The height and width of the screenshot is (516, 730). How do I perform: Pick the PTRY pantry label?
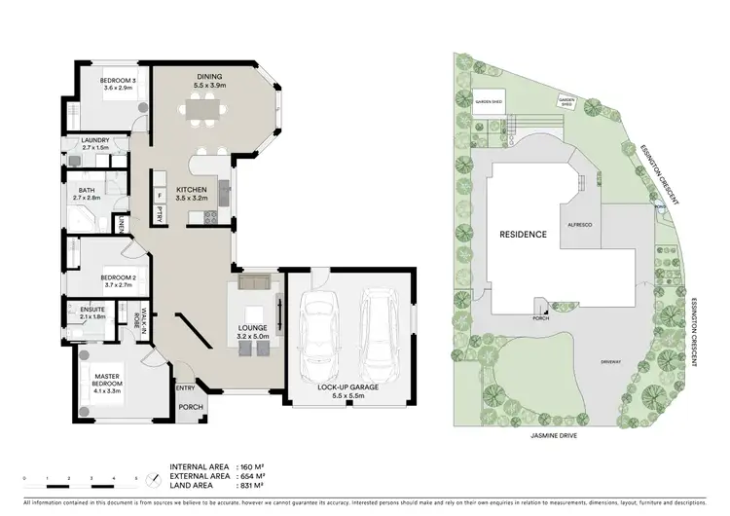click(x=159, y=213)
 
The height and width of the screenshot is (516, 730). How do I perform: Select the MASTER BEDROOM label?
click(x=106, y=380)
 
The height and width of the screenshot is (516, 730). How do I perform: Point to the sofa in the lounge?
click(x=256, y=282)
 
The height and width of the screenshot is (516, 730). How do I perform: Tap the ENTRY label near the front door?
click(x=185, y=387)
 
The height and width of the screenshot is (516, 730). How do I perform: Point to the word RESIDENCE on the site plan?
click(x=524, y=235)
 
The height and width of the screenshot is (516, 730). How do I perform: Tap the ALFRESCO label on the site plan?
click(x=580, y=222)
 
